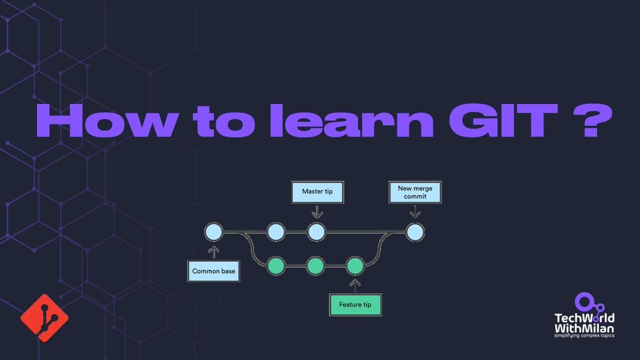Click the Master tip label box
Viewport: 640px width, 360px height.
pyautogui.click(x=317, y=191)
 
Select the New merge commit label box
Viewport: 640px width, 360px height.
pyautogui.click(x=415, y=192)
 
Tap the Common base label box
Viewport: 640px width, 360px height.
pyautogui.click(x=213, y=271)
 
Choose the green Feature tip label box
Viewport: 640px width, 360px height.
pyautogui.click(x=355, y=305)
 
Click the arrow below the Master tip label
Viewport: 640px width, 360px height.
pyautogui.click(x=317, y=212)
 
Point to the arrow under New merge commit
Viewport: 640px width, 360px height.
pyautogui.click(x=415, y=212)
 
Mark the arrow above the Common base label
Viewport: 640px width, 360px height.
pyautogui.click(x=213, y=252)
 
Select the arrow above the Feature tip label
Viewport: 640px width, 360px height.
pyautogui.click(x=355, y=285)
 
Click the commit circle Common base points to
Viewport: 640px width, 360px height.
pyautogui.click(x=213, y=232)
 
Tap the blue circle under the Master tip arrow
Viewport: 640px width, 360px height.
pyautogui.click(x=316, y=232)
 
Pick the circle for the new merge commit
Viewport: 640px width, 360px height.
pyautogui.click(x=415, y=232)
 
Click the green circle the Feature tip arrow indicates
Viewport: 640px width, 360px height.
pyautogui.click(x=355, y=265)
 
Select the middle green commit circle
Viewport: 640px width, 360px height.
pyautogui.click(x=315, y=265)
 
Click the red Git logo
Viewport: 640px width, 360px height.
pyautogui.click(x=44, y=318)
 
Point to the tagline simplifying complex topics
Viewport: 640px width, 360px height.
pyautogui.click(x=584, y=336)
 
